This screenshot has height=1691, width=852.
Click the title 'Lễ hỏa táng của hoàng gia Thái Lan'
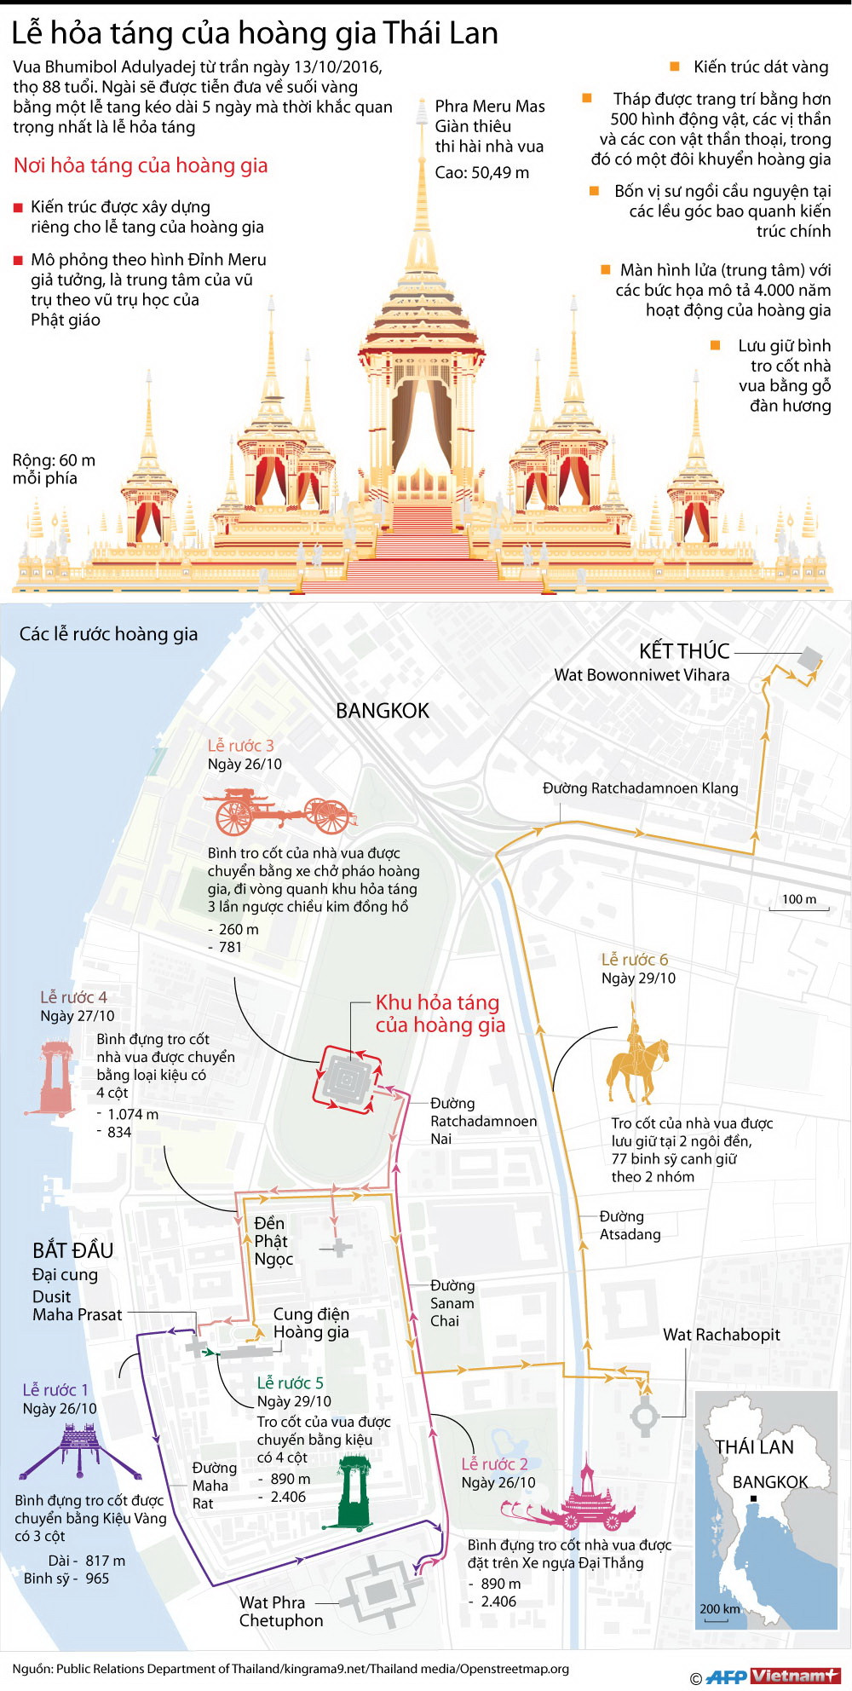click(255, 33)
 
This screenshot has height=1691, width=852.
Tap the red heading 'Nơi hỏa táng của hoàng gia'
click(141, 165)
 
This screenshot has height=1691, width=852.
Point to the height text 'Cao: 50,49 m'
click(481, 173)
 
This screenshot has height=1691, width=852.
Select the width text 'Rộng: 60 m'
click(54, 460)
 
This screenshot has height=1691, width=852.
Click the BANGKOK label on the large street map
click(383, 711)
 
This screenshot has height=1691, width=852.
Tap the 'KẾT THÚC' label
click(684, 651)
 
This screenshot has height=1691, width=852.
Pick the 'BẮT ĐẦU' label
click(73, 1250)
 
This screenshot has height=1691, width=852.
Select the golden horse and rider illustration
click(636, 1059)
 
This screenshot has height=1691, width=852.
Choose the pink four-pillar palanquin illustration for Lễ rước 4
click(56, 1077)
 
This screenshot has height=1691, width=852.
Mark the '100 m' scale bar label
click(799, 899)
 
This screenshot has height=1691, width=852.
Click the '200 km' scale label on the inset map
click(720, 1609)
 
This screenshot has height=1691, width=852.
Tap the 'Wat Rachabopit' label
click(722, 1335)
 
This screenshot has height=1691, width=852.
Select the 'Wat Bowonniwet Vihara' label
click(642, 675)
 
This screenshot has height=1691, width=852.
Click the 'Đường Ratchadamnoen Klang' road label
click(641, 788)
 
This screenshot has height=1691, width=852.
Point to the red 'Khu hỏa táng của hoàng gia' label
click(440, 1013)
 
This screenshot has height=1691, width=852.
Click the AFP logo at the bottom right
click(726, 1676)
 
